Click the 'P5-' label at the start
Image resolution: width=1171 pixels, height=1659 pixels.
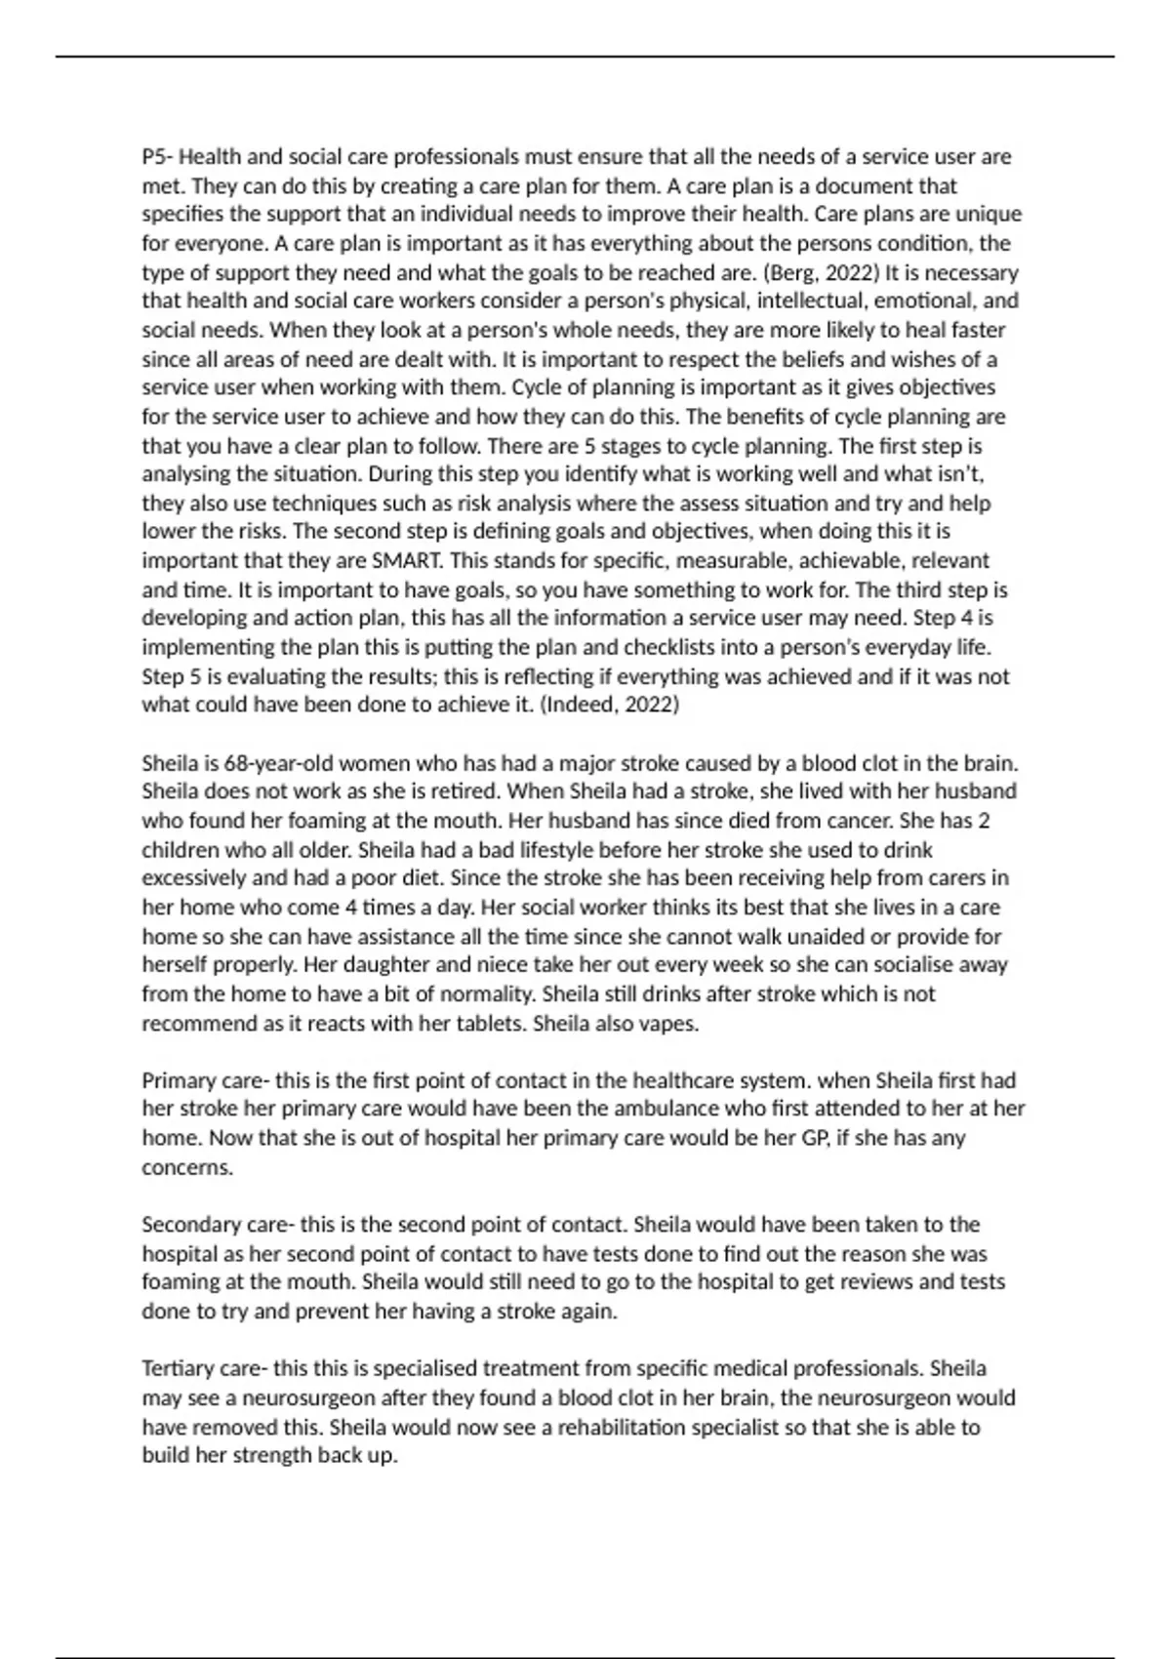coord(157,157)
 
